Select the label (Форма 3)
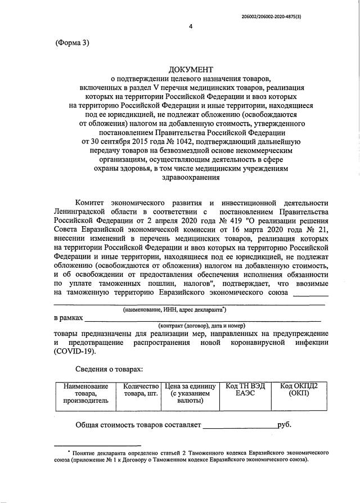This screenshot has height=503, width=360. [73, 43]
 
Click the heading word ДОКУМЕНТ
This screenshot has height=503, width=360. [191, 69]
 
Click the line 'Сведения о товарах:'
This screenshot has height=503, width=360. [109, 369]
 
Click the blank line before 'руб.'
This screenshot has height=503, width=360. [240, 426]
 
